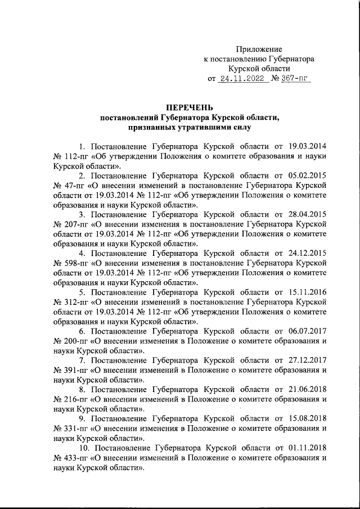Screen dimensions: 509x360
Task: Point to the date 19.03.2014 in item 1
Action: (x=307, y=146)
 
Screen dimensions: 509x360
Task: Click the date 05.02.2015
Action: (x=307, y=175)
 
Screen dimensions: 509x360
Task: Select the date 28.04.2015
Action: (x=307, y=214)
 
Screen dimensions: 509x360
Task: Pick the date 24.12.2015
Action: (x=307, y=253)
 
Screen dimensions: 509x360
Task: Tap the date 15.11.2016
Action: (x=307, y=292)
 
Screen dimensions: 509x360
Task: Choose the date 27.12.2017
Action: (x=307, y=360)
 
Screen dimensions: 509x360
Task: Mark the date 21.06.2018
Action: (x=307, y=389)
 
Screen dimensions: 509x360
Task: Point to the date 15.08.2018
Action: (x=307, y=418)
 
